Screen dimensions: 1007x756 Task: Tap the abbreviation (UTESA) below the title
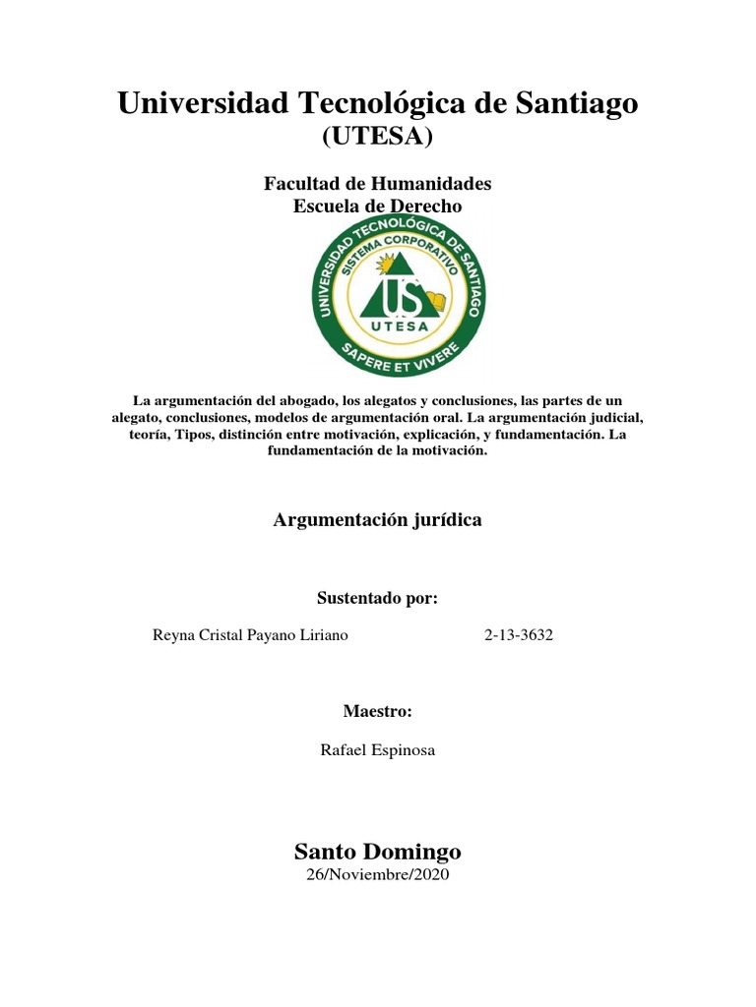click(x=378, y=138)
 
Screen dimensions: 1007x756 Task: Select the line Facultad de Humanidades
click(x=378, y=184)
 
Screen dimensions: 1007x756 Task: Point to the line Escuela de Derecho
click(x=378, y=206)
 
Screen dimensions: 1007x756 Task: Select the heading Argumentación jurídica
click(x=377, y=520)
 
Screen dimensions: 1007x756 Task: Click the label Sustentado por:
click(x=377, y=598)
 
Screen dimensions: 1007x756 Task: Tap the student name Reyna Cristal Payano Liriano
click(x=250, y=635)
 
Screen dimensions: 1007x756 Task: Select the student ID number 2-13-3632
click(x=519, y=635)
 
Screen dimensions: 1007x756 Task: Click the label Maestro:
click(x=377, y=711)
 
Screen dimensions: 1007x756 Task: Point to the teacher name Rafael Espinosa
click(x=378, y=749)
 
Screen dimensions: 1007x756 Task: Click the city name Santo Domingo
click(x=378, y=851)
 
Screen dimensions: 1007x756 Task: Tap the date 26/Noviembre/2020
click(x=378, y=874)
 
